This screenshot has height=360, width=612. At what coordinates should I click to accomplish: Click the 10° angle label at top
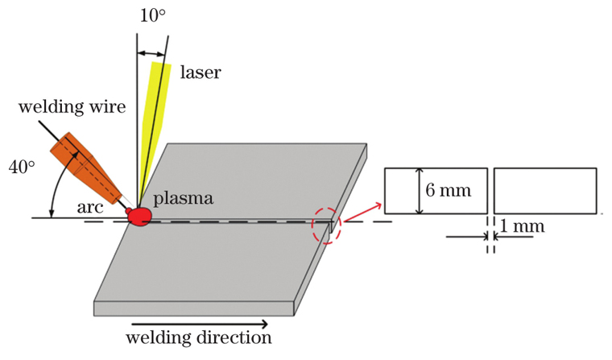click(151, 16)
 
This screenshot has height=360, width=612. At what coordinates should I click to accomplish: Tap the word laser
click(200, 72)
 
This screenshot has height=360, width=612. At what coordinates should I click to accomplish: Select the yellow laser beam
click(154, 129)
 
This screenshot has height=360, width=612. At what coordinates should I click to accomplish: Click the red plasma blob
click(139, 216)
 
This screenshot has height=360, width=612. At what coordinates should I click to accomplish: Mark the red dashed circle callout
click(328, 225)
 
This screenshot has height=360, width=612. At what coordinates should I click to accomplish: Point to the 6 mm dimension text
click(448, 191)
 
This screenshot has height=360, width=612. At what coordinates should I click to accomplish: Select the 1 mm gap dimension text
click(522, 226)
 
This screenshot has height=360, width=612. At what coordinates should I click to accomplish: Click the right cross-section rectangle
click(545, 191)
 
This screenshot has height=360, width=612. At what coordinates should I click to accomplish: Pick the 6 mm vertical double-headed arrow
click(418, 191)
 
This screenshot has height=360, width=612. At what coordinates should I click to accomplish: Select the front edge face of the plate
click(193, 307)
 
